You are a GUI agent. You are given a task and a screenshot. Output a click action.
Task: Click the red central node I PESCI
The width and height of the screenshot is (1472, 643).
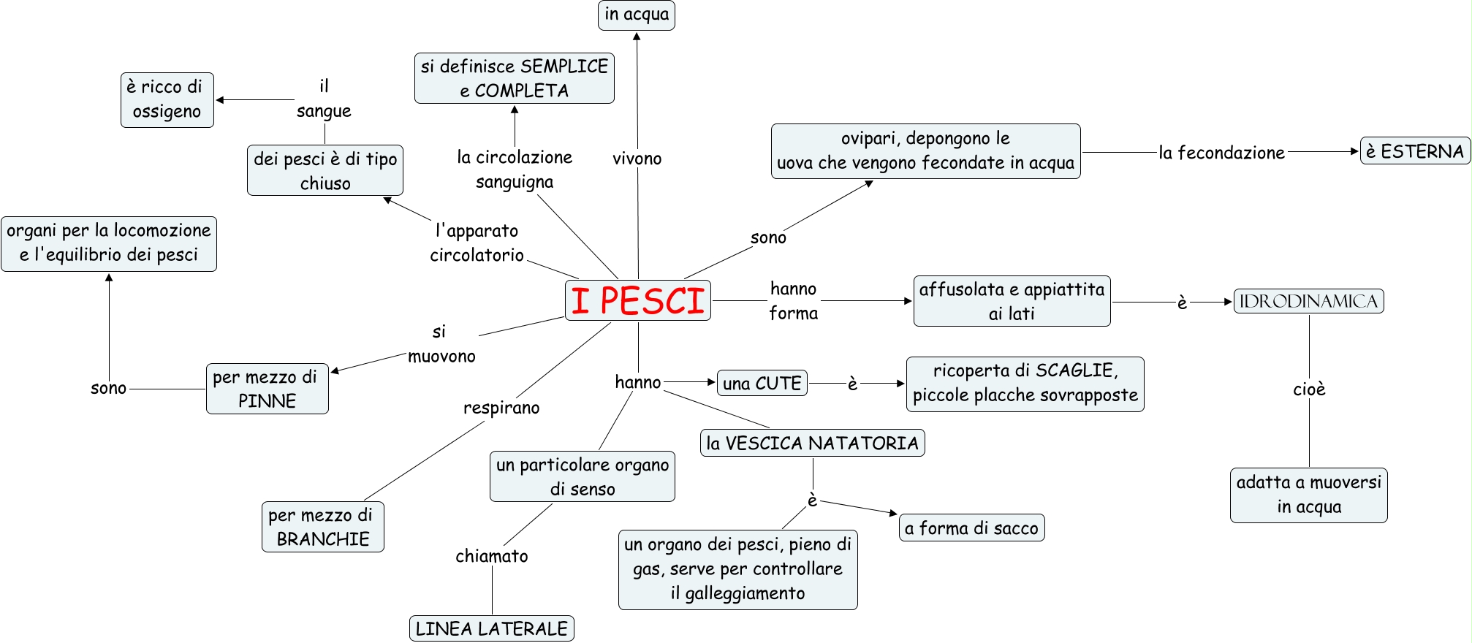click(x=637, y=300)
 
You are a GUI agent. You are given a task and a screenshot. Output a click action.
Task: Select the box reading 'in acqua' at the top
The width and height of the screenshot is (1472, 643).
click(x=636, y=15)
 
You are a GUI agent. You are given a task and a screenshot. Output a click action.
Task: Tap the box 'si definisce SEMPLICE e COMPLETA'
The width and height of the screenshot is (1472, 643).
click(x=514, y=78)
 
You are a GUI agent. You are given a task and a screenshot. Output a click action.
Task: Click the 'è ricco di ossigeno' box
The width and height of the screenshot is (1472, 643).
click(x=167, y=100)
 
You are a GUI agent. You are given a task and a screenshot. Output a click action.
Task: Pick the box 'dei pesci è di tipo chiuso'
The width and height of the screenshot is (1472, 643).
click(x=325, y=171)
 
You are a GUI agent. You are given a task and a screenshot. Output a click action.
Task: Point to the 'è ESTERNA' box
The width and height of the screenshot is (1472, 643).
click(x=1414, y=151)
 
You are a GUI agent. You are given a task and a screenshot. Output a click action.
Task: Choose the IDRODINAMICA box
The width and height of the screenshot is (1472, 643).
click(x=1308, y=301)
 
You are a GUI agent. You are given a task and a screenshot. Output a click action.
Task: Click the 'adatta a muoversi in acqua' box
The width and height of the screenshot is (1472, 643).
click(x=1308, y=495)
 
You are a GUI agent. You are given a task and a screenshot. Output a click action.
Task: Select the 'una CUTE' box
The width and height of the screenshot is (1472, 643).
click(x=762, y=383)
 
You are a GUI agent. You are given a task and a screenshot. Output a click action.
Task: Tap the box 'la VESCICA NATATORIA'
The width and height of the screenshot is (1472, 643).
click(x=812, y=443)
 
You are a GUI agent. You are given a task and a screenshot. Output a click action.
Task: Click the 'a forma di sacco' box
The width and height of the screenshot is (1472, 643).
click(x=971, y=528)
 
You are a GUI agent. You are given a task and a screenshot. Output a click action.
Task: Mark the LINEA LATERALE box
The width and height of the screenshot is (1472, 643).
click(x=491, y=628)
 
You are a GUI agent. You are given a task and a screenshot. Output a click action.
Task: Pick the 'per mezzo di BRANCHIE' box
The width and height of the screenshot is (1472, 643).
click(x=322, y=527)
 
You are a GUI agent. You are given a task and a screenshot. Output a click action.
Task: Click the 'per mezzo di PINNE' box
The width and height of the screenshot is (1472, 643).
click(x=267, y=389)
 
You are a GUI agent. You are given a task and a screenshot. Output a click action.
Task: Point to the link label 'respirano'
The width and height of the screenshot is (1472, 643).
click(x=501, y=408)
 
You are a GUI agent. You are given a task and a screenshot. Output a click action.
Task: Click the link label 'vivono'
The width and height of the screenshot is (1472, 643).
click(x=637, y=159)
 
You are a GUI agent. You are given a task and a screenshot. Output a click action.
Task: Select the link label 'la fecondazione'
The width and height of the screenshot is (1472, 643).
click(x=1221, y=153)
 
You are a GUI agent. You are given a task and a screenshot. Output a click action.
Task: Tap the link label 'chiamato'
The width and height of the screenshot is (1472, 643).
click(x=492, y=556)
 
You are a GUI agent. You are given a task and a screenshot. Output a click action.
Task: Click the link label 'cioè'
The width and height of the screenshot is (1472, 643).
click(x=1309, y=389)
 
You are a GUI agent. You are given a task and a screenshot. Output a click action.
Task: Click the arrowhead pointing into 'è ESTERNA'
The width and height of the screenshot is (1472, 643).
click(x=1354, y=151)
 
